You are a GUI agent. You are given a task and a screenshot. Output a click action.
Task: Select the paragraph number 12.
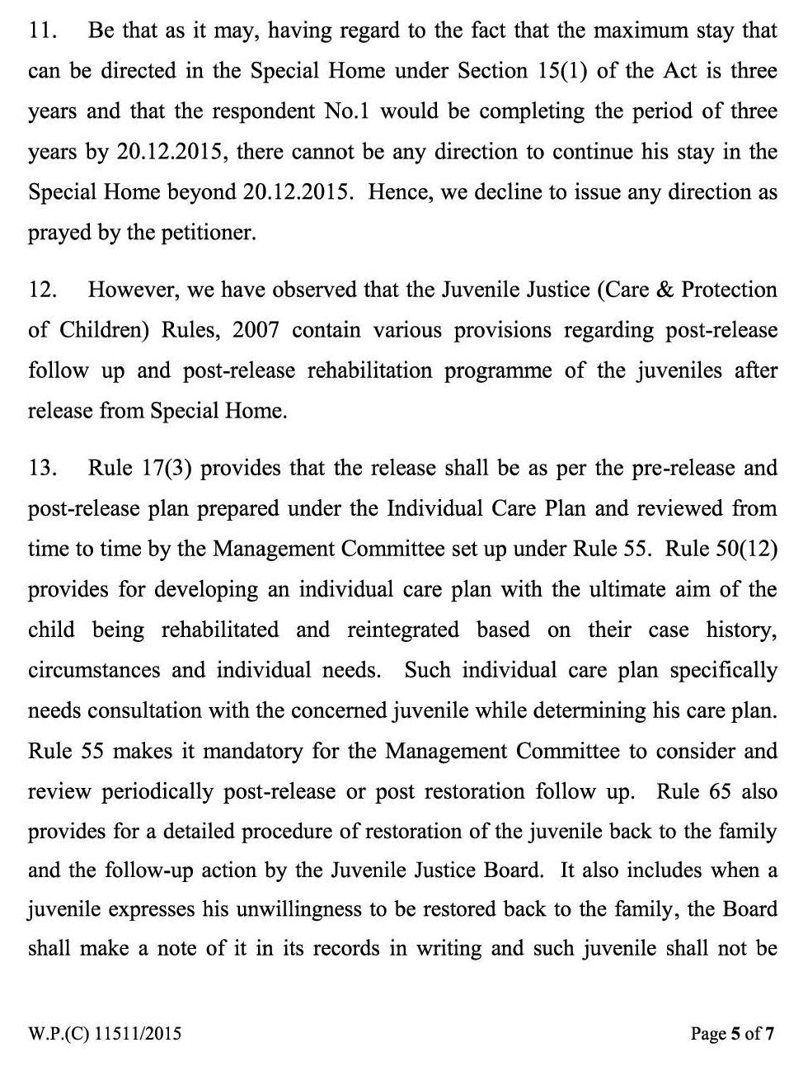pyautogui.click(x=42, y=290)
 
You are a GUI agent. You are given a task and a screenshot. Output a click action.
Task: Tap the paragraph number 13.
pyautogui.click(x=42, y=468)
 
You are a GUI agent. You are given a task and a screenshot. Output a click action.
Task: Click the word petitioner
pyautogui.click(x=214, y=233)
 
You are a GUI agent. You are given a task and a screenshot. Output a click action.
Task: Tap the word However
pyautogui.click(x=131, y=290)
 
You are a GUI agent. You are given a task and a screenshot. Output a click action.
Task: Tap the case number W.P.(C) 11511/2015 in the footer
pyautogui.click(x=104, y=1033)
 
